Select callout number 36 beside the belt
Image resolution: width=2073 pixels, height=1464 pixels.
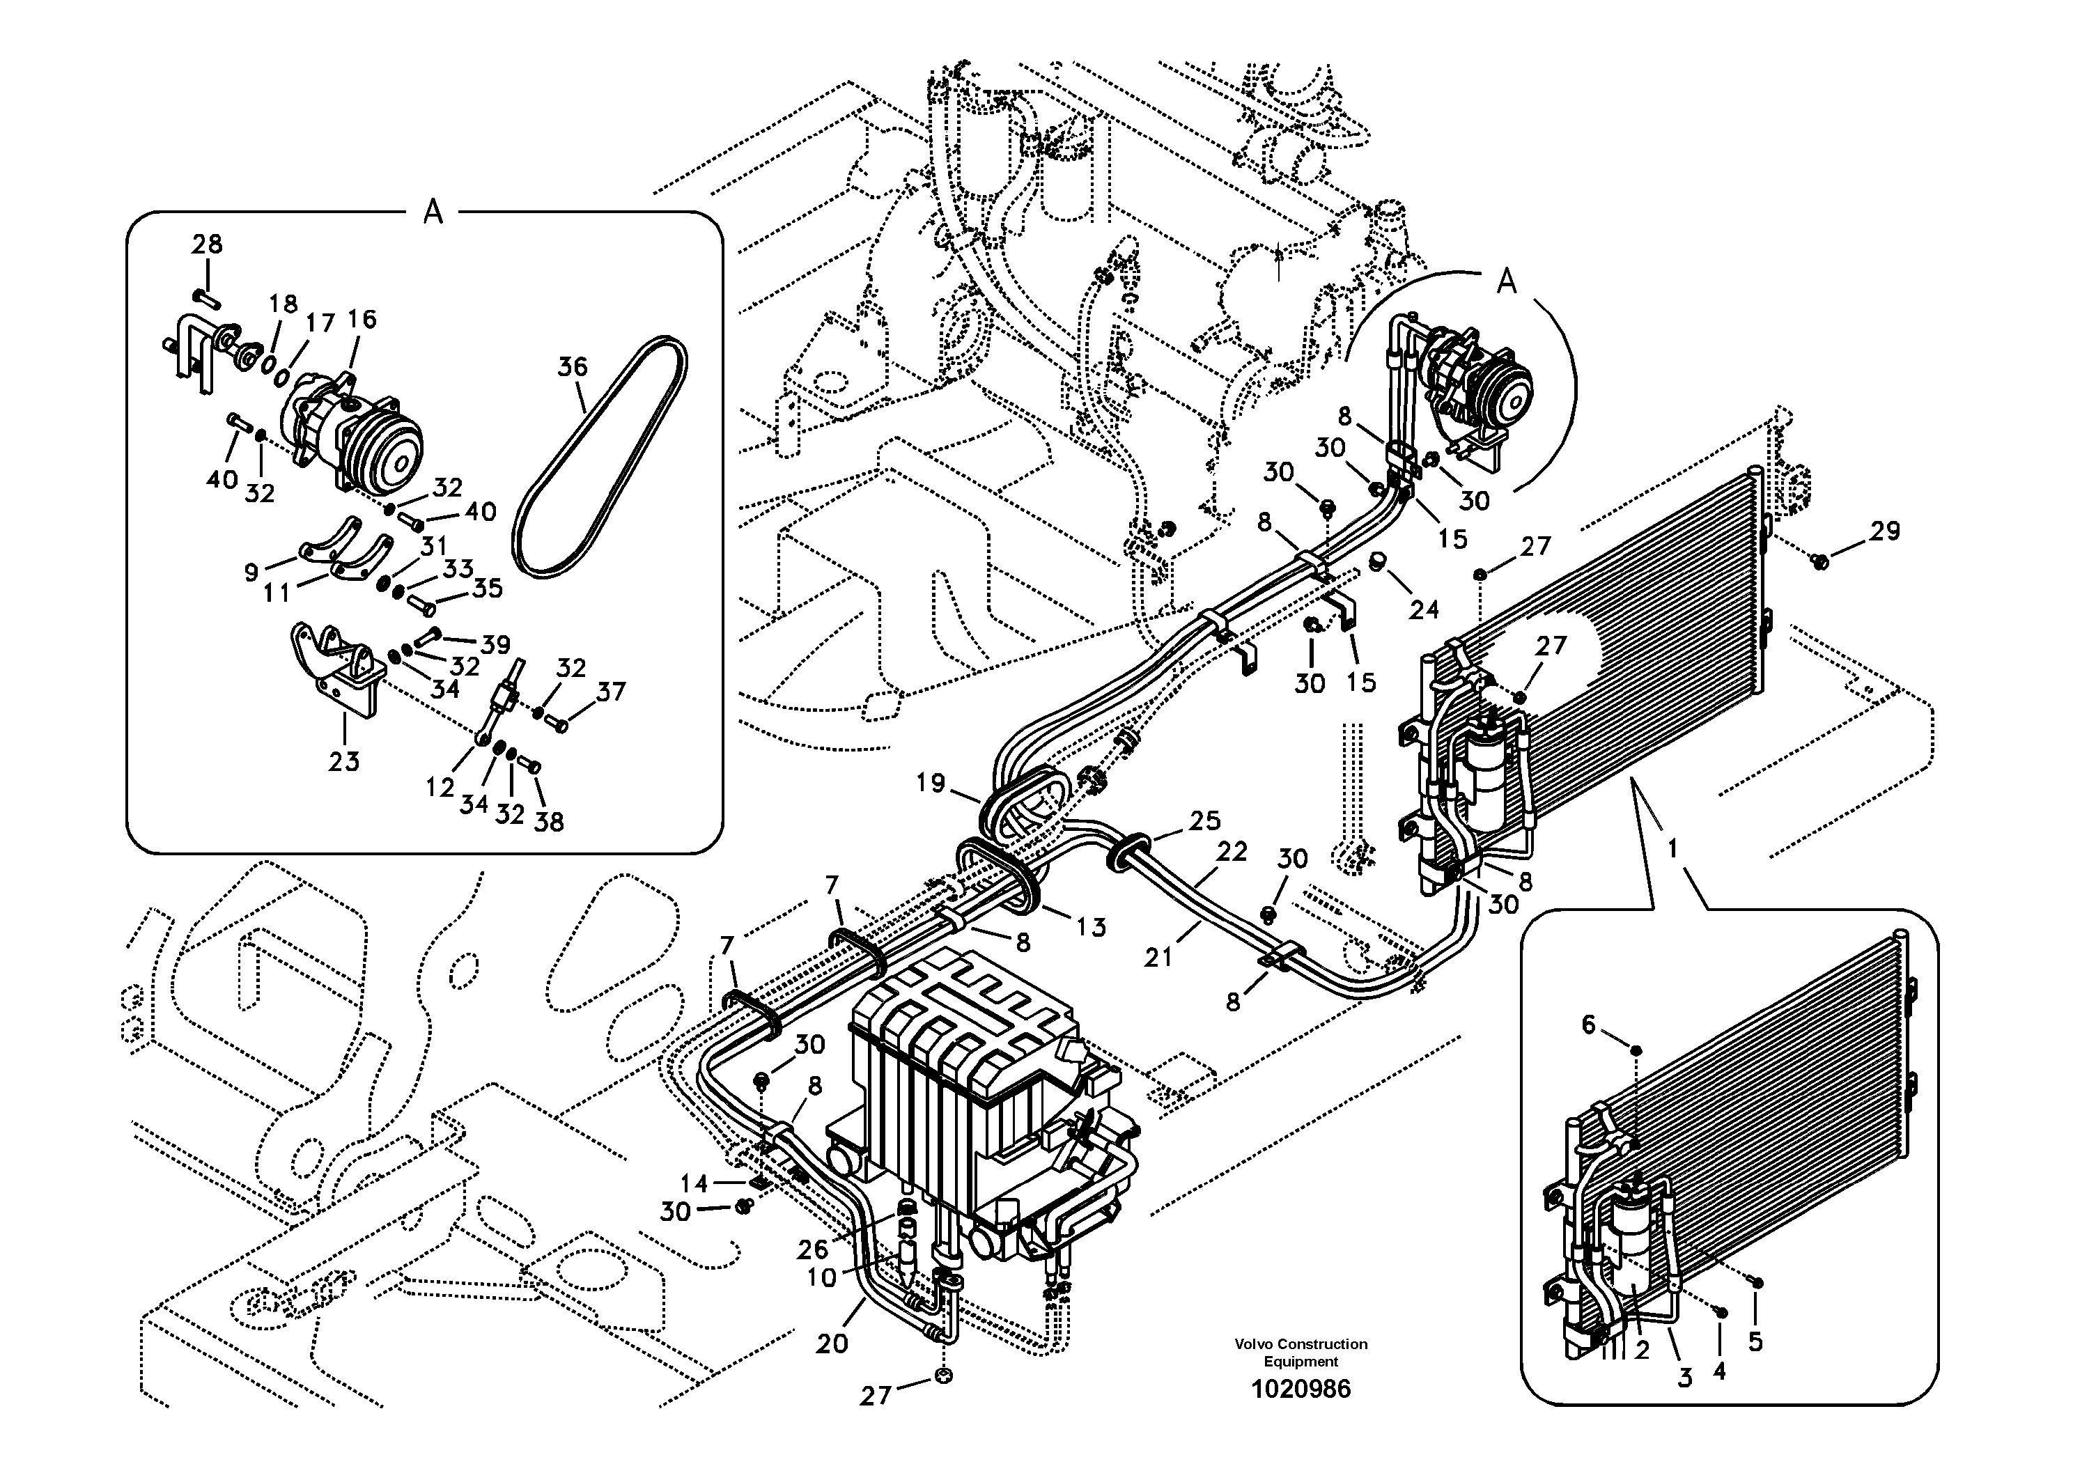pos(573,367)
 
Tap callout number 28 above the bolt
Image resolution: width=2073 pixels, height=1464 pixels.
pos(207,244)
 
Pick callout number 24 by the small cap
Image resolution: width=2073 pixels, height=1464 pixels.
pos(1424,610)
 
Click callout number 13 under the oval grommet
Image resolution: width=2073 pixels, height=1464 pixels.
pos(1091,927)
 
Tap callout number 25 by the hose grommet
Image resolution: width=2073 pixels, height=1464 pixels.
pos(1204,820)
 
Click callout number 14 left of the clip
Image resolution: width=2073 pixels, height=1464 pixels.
pos(694,1183)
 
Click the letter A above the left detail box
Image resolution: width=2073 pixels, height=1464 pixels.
pos(433,213)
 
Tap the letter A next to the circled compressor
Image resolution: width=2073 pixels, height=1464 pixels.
pos(1507,283)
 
